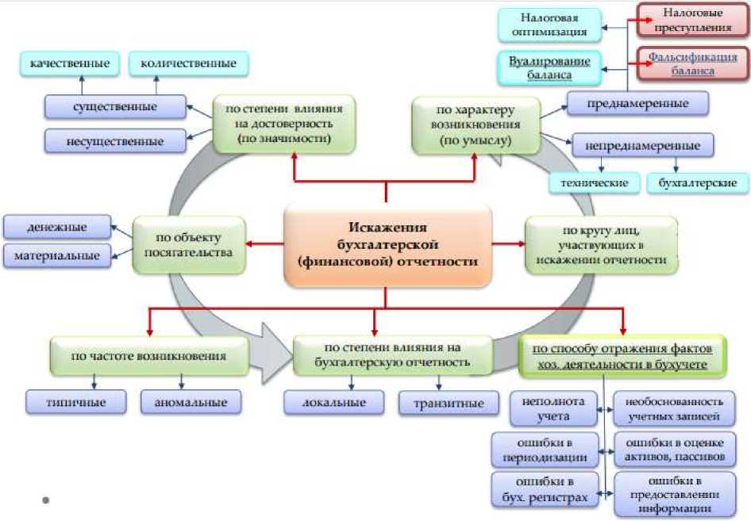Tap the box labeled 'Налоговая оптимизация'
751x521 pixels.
(x=549, y=25)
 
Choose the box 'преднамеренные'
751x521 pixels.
(x=637, y=103)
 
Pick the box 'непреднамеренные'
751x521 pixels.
(x=642, y=146)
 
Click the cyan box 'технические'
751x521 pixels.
(x=595, y=183)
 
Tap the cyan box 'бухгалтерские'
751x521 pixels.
(x=698, y=183)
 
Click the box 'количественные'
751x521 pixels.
(x=187, y=63)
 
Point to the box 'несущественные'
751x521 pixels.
(x=115, y=141)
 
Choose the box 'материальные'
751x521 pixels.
(x=56, y=255)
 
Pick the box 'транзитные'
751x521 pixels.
(x=449, y=403)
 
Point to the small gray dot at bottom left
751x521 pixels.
(x=46, y=500)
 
